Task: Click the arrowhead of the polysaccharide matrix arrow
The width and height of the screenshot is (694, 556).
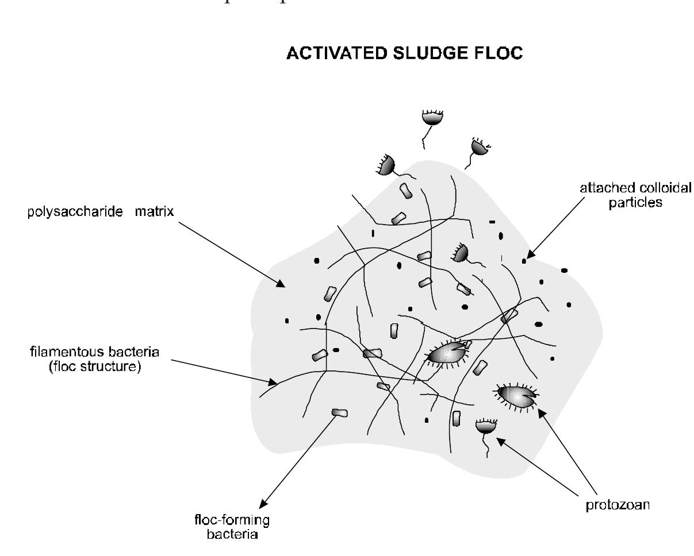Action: point(281,284)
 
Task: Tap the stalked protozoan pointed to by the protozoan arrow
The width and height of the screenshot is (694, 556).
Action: point(486,427)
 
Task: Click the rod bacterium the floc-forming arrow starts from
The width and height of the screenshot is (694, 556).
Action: point(340,412)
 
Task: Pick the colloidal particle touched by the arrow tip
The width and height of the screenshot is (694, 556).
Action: point(524,261)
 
